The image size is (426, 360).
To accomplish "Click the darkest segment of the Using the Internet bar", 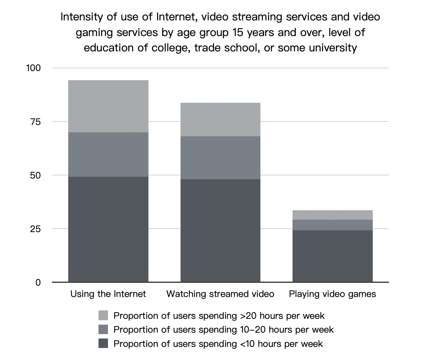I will pos(108,229).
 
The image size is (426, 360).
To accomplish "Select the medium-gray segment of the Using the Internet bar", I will pos(108,154).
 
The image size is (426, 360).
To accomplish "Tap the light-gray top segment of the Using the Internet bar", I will pos(108,106).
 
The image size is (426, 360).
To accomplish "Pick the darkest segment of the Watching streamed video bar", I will pos(220,230).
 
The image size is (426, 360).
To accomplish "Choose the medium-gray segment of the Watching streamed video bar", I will pos(220,158).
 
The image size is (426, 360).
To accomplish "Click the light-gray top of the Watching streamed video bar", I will pos(220,120).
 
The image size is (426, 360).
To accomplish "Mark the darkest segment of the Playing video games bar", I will pos(333,256).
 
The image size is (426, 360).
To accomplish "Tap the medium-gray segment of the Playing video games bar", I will pos(333,225).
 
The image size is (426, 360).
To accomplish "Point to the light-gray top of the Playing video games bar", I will pos(333,215).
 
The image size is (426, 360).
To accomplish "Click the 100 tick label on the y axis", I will pos(34,68).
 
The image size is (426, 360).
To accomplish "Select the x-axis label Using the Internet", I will pos(108,294).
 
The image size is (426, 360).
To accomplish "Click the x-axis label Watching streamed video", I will pos(220,294).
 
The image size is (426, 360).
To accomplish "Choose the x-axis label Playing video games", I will pos(333,294).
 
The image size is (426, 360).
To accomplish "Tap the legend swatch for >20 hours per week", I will pos(103,315).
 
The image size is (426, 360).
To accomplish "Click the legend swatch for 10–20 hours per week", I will pos(103,329).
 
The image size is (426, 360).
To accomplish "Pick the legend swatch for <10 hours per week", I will pos(103,343).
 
